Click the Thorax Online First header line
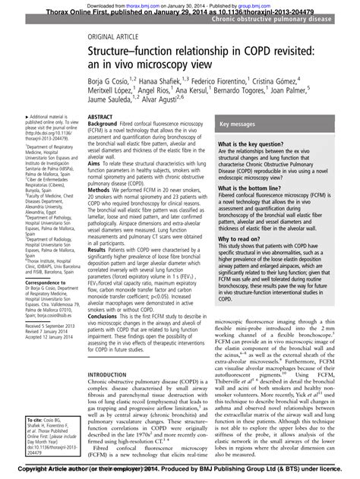179,12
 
